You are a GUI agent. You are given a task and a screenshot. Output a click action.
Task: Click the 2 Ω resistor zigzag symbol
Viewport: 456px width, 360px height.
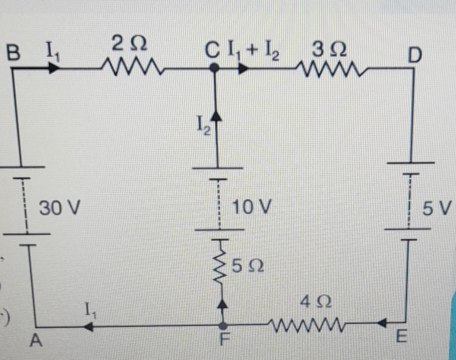133,68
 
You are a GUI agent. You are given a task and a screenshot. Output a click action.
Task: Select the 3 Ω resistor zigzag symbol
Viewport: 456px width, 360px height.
331,68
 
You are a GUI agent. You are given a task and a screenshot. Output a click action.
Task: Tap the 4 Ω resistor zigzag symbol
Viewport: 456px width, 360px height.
307,323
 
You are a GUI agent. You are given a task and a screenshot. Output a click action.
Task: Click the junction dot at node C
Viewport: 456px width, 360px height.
215,68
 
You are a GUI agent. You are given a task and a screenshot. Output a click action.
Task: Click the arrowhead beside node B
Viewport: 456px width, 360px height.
54,68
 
